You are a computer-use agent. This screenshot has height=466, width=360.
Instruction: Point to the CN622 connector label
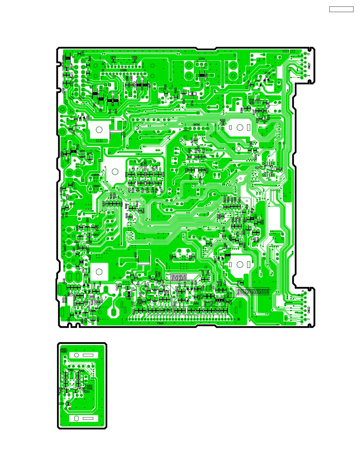click(309, 310)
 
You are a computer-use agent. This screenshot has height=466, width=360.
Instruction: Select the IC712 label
click(202, 59)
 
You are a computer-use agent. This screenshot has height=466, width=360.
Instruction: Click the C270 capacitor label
click(113, 57)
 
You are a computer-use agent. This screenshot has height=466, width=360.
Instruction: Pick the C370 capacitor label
click(134, 57)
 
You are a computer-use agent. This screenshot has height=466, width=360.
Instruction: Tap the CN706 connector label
click(196, 125)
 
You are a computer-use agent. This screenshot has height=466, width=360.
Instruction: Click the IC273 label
click(258, 168)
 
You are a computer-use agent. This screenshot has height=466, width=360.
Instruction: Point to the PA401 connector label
click(161, 323)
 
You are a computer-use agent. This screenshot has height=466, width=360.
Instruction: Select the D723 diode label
click(267, 73)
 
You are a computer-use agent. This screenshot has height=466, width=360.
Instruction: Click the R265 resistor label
click(223, 120)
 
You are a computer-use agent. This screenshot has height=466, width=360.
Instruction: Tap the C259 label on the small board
click(61, 404)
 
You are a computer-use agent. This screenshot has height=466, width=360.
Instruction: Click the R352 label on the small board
click(64, 349)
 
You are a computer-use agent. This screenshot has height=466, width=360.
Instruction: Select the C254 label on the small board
click(87, 392)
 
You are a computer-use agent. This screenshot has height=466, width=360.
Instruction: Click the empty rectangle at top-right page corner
click(341, 9)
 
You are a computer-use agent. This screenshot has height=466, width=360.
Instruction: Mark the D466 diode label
click(92, 297)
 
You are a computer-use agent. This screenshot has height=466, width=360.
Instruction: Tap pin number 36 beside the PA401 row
click(238, 319)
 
